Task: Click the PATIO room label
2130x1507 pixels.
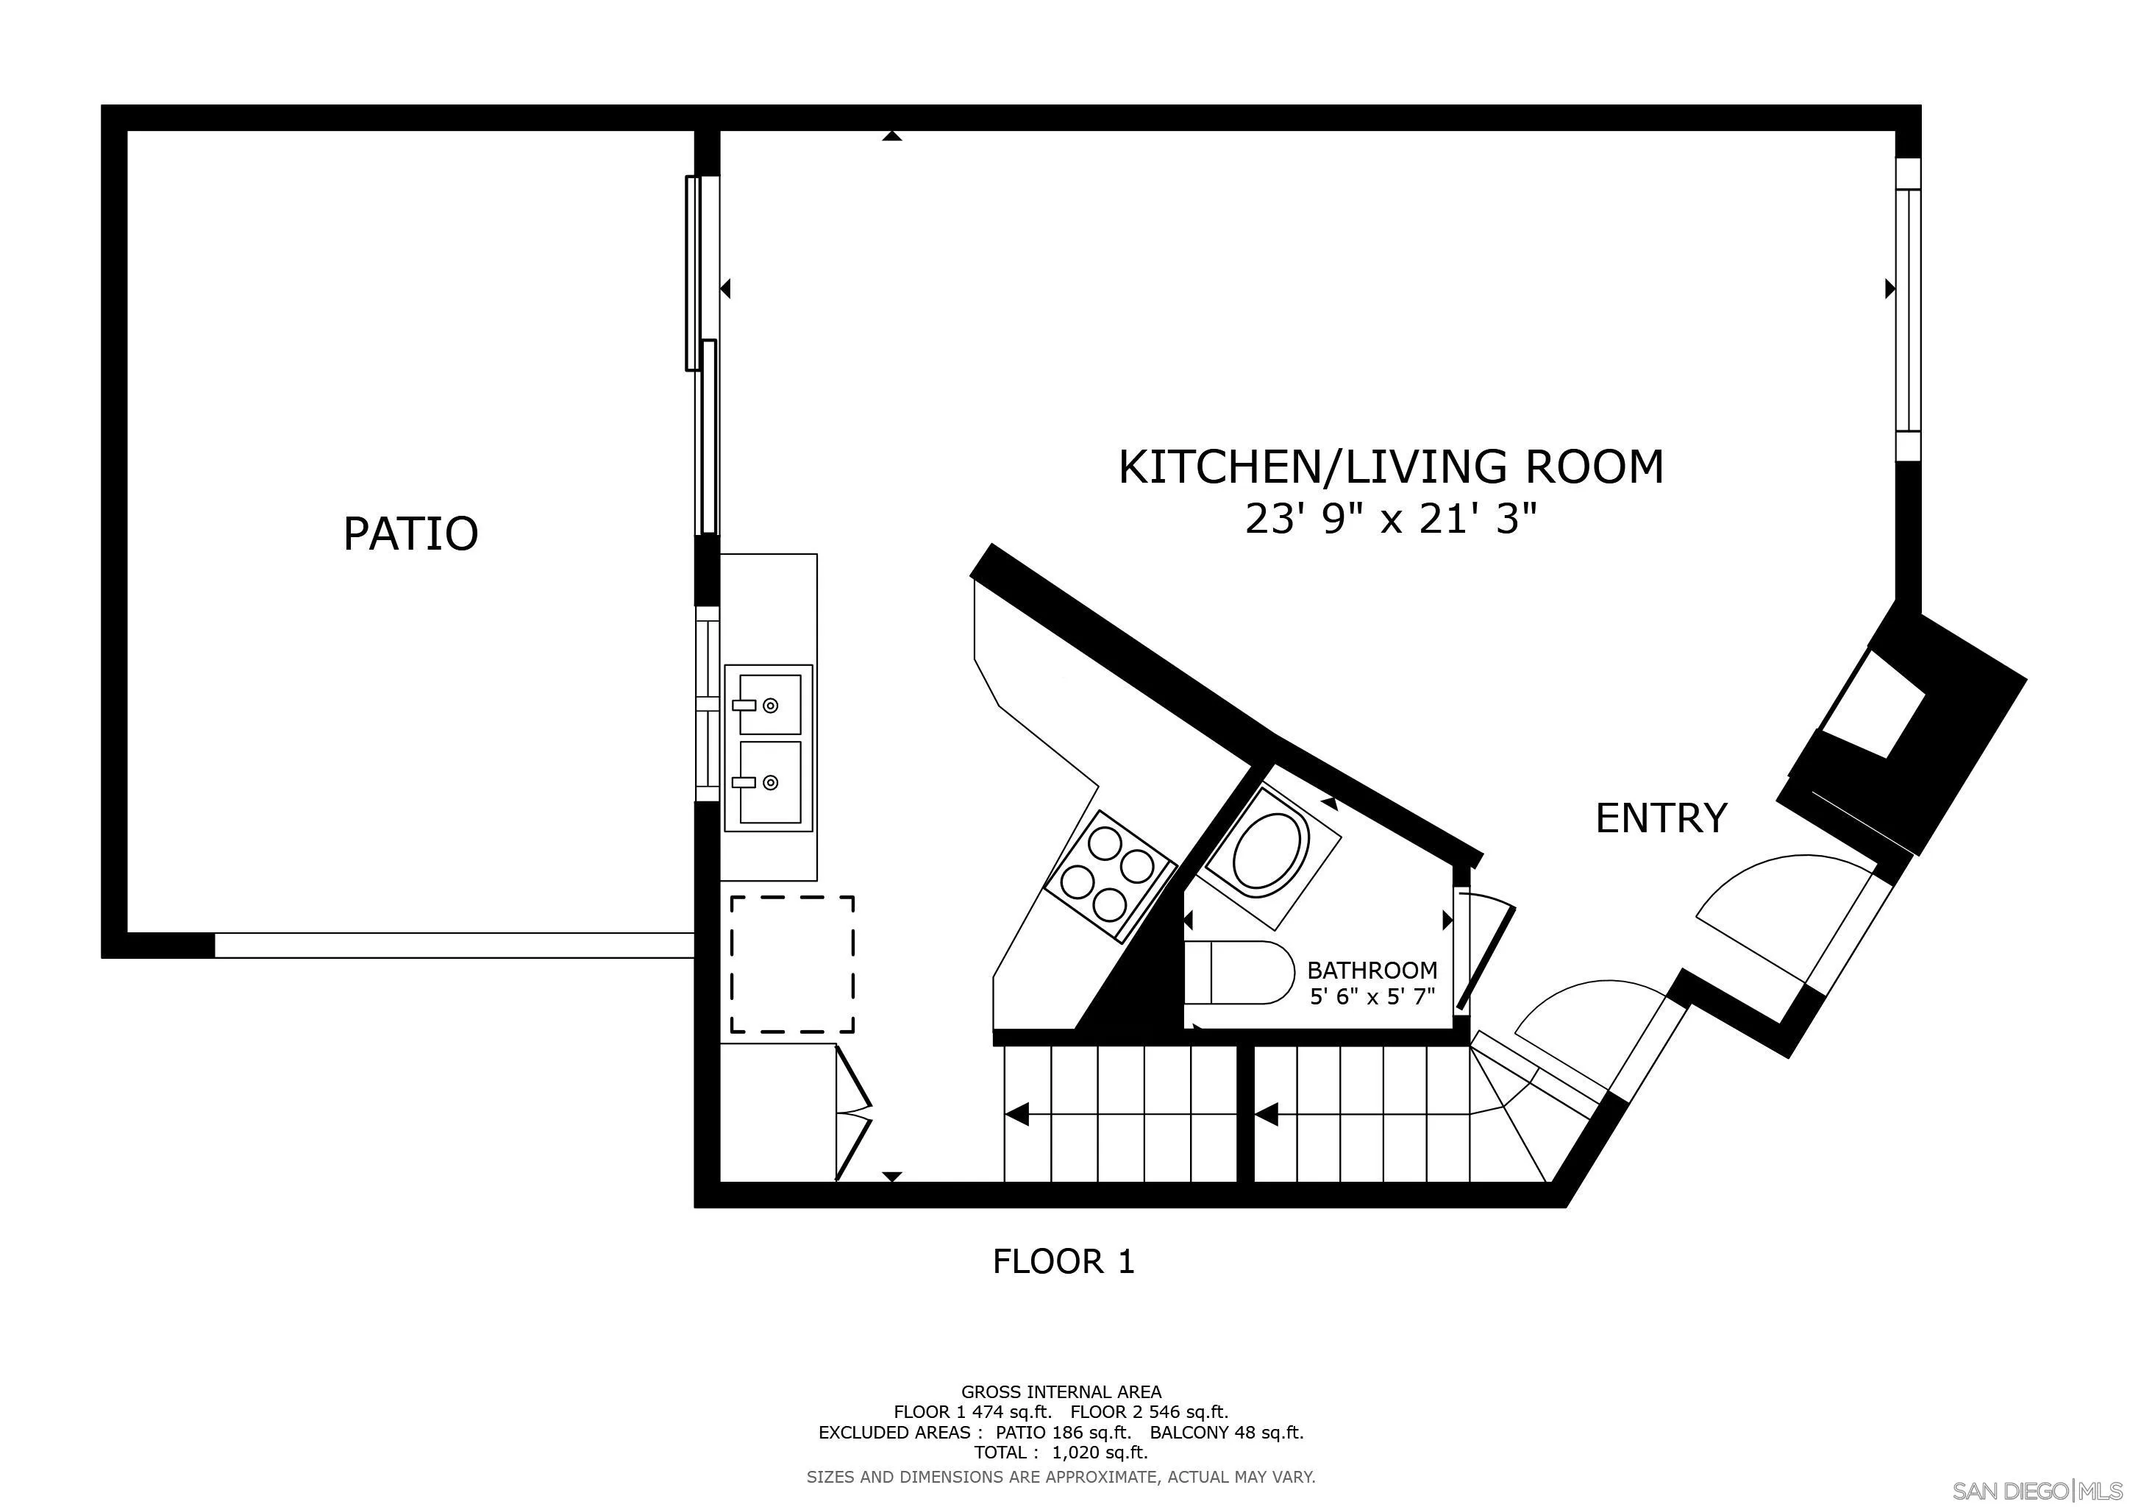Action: (x=410, y=533)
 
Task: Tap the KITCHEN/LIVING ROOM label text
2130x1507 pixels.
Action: (x=1391, y=467)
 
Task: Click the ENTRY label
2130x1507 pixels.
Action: (x=1661, y=818)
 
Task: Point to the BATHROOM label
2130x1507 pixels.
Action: (x=1371, y=971)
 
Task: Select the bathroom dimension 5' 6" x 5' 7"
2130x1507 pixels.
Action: (x=1371, y=998)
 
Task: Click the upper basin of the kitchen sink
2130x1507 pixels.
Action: (x=769, y=704)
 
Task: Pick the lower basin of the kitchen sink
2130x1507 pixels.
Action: (x=769, y=782)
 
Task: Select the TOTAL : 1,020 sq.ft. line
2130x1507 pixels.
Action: (x=1061, y=1453)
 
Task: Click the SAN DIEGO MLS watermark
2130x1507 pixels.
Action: (x=2037, y=1490)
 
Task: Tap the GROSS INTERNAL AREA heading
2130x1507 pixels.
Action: (x=1061, y=1392)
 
